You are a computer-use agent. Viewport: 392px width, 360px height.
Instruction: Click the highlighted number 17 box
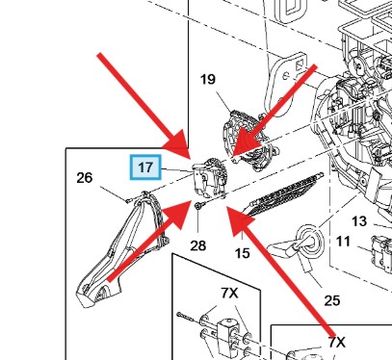pos(145,167)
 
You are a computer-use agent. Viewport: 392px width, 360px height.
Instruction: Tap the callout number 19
pos(208,79)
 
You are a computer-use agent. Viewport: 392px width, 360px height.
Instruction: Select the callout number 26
pos(85,178)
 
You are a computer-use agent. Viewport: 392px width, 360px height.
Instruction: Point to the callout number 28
pos(198,245)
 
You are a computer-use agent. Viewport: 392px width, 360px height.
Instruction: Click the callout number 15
pos(242,253)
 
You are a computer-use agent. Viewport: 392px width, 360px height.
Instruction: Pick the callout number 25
pos(332,300)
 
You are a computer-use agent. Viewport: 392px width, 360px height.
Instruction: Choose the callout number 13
pos(359,221)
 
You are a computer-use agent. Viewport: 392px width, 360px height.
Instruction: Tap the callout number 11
pos(343,241)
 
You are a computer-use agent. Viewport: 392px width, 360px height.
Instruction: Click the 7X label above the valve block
pos(229,293)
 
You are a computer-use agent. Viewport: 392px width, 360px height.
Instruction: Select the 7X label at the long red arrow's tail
pos(337,343)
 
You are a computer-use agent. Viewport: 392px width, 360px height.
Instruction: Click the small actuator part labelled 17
pos(210,178)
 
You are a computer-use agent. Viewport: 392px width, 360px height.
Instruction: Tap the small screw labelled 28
pos(197,206)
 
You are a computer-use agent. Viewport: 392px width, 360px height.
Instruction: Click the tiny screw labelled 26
pos(127,201)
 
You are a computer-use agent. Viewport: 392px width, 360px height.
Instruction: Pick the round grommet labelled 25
pos(309,240)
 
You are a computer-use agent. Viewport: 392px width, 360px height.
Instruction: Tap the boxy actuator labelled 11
pos(382,253)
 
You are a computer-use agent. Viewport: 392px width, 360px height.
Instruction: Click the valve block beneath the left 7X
pos(227,335)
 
